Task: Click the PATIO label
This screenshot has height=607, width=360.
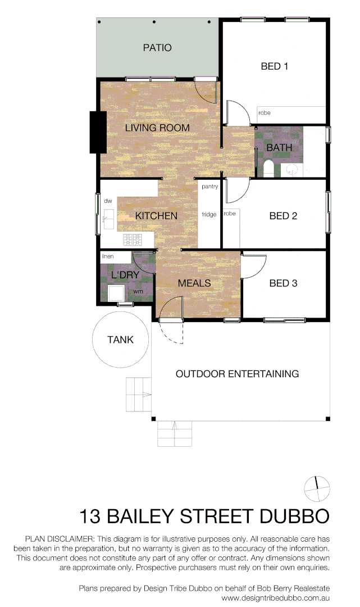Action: pyautogui.click(x=157, y=48)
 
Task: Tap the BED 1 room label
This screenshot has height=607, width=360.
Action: pyautogui.click(x=275, y=66)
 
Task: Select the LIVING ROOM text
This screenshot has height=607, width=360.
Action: pyautogui.click(x=157, y=128)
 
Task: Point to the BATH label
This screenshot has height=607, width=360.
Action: pyautogui.click(x=279, y=148)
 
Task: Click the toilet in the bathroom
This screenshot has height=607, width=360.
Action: pyautogui.click(x=268, y=168)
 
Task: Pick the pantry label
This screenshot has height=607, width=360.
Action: pyautogui.click(x=209, y=187)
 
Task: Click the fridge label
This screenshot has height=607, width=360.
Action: pyautogui.click(x=209, y=214)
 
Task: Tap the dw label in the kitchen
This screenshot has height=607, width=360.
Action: pyautogui.click(x=108, y=201)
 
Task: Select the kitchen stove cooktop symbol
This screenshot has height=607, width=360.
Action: pyautogui.click(x=133, y=240)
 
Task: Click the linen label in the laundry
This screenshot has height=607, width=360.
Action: pyautogui.click(x=108, y=256)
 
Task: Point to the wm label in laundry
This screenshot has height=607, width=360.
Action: pyautogui.click(x=138, y=292)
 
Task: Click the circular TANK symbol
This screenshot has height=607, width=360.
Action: pyautogui.click(x=121, y=339)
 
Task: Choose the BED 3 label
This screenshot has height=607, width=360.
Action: pyautogui.click(x=283, y=283)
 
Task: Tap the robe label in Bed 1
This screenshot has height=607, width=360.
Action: pyautogui.click(x=264, y=113)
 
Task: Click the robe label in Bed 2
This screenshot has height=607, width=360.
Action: pyautogui.click(x=230, y=214)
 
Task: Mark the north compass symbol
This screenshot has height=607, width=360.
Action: pyautogui.click(x=316, y=488)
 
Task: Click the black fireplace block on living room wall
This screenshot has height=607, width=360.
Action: pyautogui.click(x=98, y=132)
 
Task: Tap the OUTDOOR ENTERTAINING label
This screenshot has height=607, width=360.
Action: pyautogui.click(x=237, y=374)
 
